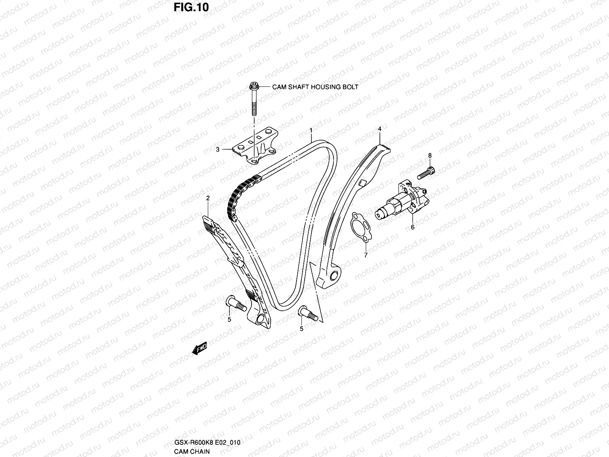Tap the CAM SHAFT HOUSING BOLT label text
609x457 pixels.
coord(315,87)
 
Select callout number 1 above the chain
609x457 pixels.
coord(311,131)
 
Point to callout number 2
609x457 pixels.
coord(208,198)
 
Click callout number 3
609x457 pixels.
coord(218,150)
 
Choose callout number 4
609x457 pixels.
coord(379,129)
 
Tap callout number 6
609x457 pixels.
coord(413,227)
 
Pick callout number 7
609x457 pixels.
coord(366,255)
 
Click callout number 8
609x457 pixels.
coord(430,155)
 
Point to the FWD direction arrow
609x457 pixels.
coord(199,348)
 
